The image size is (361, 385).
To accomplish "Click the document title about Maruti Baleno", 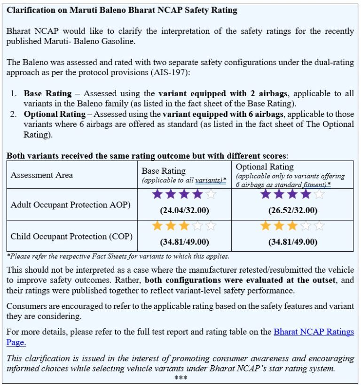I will pos(122,10).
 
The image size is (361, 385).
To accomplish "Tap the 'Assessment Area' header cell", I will pos(42,175).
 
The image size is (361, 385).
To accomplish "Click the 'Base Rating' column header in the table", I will pos(164,170).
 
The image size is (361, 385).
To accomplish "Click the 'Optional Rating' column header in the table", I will pos(265,167).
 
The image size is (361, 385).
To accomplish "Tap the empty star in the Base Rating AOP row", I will pos(211,194).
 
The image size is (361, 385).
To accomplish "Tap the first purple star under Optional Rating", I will pos(266,194).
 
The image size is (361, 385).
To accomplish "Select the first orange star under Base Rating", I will pos(157,226).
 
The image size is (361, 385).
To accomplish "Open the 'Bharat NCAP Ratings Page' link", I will pos(314,332).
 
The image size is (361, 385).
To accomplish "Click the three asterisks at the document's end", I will pos(180,378).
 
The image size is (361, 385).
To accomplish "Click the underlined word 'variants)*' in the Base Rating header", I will pos(211,180).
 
